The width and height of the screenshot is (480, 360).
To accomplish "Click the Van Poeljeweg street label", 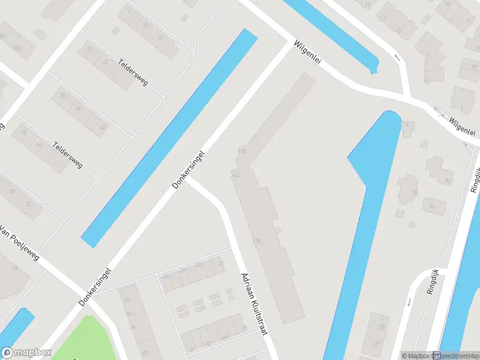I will click(19, 242).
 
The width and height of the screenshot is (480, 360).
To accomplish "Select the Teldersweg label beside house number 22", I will click(133, 71).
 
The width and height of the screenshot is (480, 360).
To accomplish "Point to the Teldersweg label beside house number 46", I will click(67, 155).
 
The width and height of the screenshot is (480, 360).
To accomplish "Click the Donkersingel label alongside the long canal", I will click(189, 170).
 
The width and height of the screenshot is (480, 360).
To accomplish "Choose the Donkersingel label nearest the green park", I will click(95, 287).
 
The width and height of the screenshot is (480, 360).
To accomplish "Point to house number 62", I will click(28, 203).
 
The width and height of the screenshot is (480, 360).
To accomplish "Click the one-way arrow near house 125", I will click(410, 302).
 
